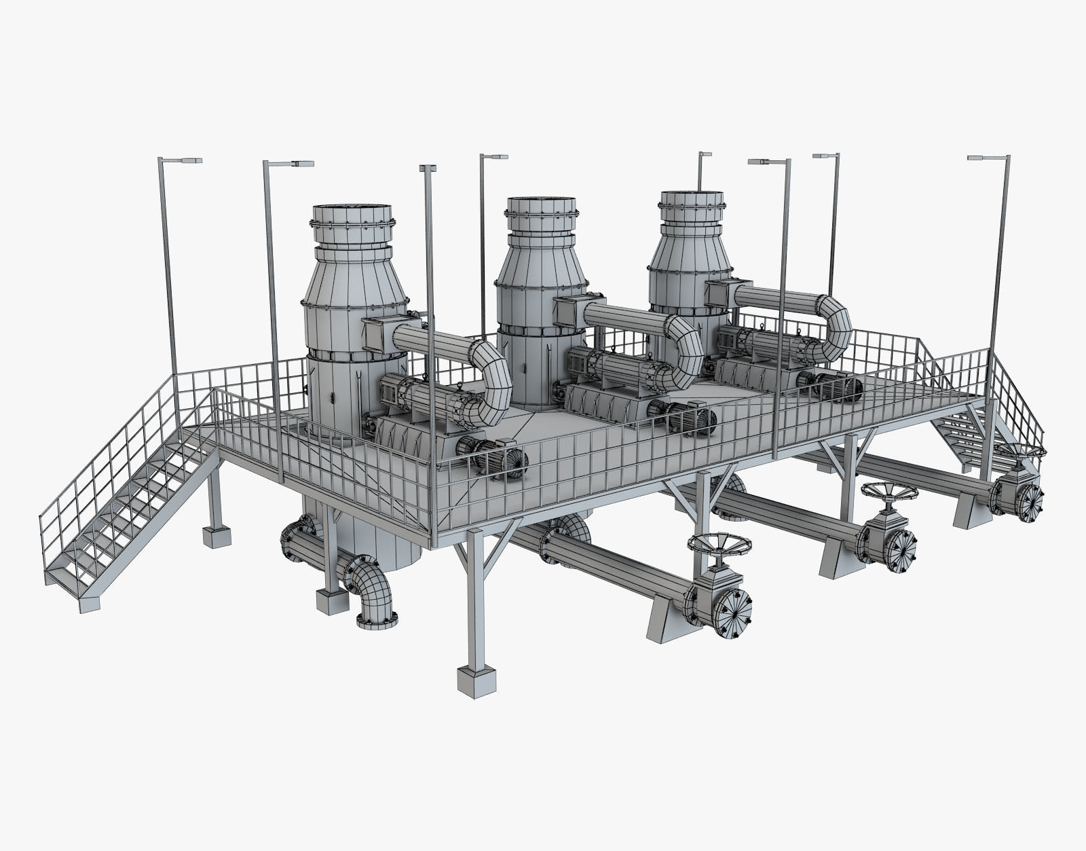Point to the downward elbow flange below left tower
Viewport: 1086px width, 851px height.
tap(375, 619)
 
